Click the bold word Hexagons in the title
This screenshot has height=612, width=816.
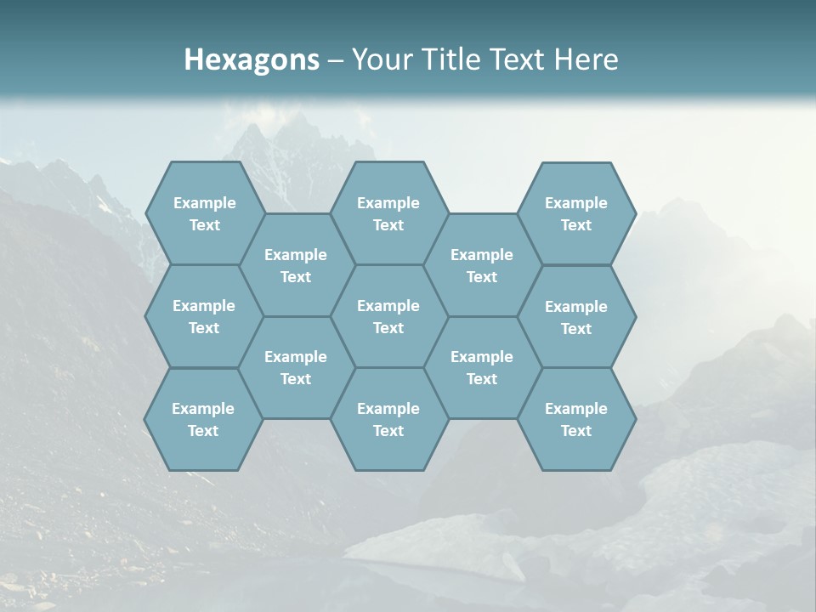tap(252, 59)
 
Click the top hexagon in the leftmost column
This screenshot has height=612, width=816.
tap(204, 213)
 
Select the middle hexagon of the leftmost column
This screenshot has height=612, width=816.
tap(204, 316)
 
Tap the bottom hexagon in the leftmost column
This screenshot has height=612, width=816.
tap(204, 419)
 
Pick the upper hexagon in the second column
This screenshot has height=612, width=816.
tap(296, 265)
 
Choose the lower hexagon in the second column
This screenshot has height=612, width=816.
tap(296, 367)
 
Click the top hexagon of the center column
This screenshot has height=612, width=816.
tap(388, 213)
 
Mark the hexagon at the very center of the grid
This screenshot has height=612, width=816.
tap(388, 316)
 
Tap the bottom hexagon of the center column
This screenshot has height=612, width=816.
tap(388, 419)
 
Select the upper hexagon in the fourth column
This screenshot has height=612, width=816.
tap(482, 265)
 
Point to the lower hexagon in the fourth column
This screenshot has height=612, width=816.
tap(482, 367)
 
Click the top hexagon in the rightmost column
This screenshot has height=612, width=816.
tap(576, 213)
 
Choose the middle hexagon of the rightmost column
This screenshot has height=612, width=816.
tap(576, 317)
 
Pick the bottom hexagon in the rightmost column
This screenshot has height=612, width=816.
tap(576, 419)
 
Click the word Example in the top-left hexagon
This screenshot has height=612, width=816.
tap(204, 203)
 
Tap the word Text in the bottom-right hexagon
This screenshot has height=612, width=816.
tap(576, 431)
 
